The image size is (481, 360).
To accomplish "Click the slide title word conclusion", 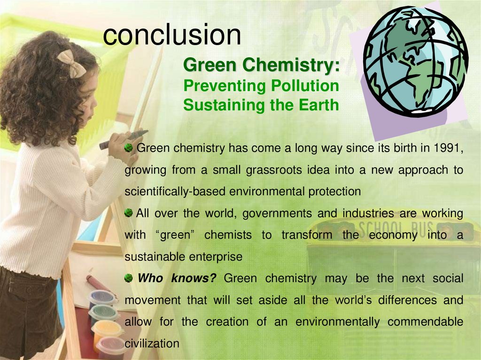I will pos(172,34).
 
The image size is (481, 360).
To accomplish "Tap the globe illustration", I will pos(415,61).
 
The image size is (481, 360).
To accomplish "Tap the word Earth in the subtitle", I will pos(320,105).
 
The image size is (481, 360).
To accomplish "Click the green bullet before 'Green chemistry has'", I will pos(129,149).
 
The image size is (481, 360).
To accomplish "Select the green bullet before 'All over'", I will pos(129,214).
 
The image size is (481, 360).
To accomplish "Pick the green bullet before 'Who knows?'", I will pos(129,279).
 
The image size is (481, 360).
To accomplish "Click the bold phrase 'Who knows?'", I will pos(177,279).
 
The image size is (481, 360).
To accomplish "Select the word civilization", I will pos(152,344).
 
